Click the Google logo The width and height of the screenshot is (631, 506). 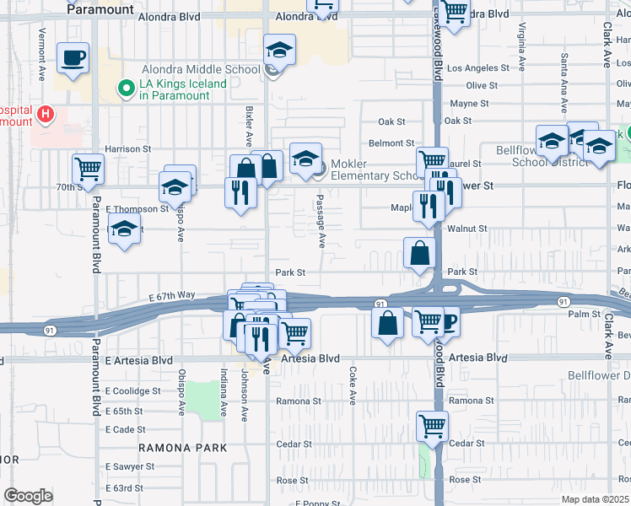click(29, 496)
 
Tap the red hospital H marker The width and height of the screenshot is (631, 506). click(47, 112)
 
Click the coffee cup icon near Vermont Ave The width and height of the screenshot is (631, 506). click(73, 58)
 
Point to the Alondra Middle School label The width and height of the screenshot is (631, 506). click(213, 70)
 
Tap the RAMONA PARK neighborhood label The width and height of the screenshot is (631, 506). click(183, 448)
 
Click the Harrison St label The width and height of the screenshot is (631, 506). click(127, 148)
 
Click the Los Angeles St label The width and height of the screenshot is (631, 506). click(478, 68)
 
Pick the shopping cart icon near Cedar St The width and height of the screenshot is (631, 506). click(432, 426)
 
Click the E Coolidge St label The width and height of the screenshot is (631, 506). click(132, 391)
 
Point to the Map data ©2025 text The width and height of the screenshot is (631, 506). click(595, 499)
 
